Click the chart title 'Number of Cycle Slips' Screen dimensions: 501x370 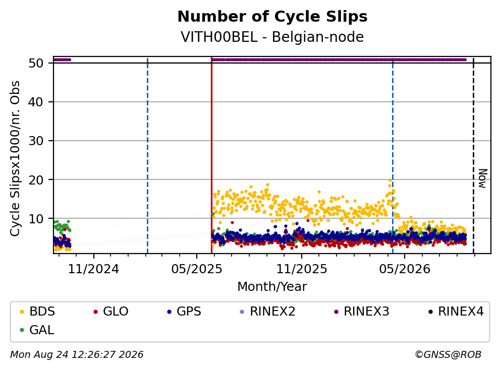click(x=272, y=17)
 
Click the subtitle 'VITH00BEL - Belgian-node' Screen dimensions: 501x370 click(x=272, y=37)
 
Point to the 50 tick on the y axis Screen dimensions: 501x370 click(x=36, y=63)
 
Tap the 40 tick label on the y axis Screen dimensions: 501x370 click(x=36, y=102)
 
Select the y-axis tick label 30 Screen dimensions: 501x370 click(x=36, y=141)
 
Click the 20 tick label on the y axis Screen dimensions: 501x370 click(x=36, y=180)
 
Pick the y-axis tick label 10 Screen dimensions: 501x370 click(x=36, y=219)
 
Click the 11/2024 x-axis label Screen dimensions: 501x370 click(x=94, y=269)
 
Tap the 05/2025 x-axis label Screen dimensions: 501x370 click(x=197, y=269)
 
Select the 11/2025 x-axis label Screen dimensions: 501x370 click(x=302, y=269)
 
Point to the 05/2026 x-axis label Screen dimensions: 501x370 click(x=405, y=269)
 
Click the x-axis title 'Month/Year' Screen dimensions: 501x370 click(x=272, y=287)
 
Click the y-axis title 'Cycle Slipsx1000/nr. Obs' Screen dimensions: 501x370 click(x=15, y=158)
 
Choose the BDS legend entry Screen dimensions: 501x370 click(x=37, y=311)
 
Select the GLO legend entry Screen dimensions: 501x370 click(x=111, y=311)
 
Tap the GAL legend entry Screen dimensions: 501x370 click(x=37, y=330)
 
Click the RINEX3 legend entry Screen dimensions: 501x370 click(x=362, y=311)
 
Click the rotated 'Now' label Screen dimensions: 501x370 click(x=483, y=178)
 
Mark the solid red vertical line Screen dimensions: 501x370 click(x=211, y=155)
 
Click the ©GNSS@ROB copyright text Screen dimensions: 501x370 click(x=448, y=354)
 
